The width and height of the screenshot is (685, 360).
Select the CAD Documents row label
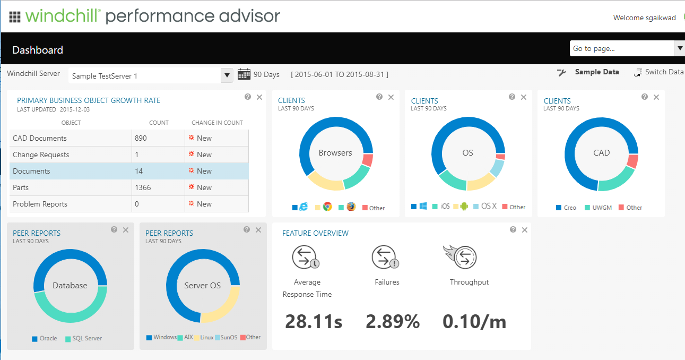click(x=40, y=138)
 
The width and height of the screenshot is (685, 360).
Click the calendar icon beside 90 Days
click(x=244, y=74)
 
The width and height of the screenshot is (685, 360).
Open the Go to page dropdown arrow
click(x=679, y=48)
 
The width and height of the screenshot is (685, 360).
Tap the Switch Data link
click(x=664, y=72)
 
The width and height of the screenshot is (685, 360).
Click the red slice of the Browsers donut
click(x=368, y=160)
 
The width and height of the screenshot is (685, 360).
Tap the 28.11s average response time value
click(x=314, y=321)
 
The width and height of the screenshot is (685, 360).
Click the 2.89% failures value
click(x=393, y=321)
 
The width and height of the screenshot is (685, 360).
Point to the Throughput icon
click(x=460, y=257)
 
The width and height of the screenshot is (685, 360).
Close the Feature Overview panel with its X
click(x=525, y=230)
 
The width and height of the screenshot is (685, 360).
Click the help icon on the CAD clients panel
click(x=645, y=97)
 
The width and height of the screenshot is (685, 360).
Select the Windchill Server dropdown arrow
click(x=227, y=75)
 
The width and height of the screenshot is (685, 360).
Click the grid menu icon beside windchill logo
click(x=15, y=17)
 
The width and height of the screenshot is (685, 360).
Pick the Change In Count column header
click(x=217, y=123)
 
